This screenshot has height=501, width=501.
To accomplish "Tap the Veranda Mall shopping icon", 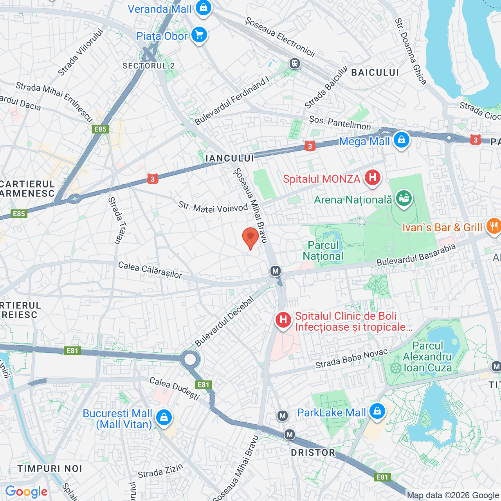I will (203, 8).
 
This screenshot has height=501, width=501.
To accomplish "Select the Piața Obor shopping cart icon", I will (199, 35).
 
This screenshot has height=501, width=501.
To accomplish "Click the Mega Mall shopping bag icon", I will (401, 140).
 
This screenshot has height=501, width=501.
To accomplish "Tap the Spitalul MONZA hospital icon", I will (372, 178).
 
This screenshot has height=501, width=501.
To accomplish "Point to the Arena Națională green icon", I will (404, 198).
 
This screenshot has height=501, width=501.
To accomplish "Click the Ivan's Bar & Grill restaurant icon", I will (494, 226).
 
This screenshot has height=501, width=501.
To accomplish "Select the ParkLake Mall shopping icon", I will (377, 411).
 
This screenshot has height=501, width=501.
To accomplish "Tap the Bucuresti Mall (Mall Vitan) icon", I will (164, 417).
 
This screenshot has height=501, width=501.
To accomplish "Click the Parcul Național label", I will (323, 250).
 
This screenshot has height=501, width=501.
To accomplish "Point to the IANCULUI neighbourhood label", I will (230, 158).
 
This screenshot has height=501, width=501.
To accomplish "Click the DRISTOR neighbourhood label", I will (313, 453).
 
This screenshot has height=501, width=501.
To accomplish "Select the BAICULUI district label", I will (375, 72).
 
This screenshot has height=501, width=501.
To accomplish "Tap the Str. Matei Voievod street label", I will (213, 207).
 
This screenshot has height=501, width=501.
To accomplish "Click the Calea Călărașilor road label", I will (150, 270).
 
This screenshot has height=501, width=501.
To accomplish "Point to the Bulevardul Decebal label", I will (224, 322).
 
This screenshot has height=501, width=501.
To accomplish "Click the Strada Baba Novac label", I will (351, 359).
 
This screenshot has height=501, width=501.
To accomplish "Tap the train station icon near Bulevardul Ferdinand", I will (295, 63).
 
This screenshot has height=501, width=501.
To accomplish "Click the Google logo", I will (26, 492).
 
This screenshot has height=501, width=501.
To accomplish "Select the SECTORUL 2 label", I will (148, 66).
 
